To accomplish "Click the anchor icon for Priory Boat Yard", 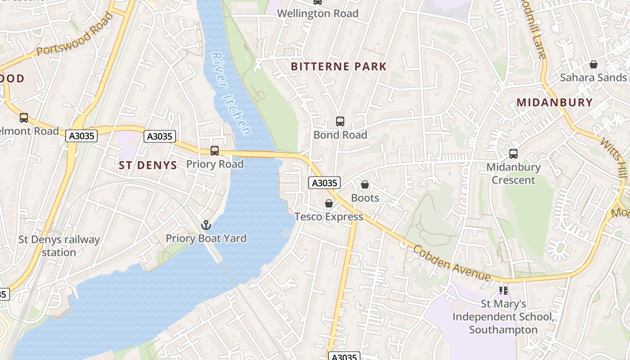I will (206, 225).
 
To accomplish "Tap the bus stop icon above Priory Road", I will (215, 151).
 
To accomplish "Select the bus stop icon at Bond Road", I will (340, 121).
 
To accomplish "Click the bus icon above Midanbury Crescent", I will (513, 154).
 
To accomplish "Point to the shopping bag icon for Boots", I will (365, 184).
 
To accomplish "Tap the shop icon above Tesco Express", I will (329, 203).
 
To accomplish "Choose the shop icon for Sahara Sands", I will (593, 64).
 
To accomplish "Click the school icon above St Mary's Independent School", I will (503, 291).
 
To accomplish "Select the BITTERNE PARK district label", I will (338, 67).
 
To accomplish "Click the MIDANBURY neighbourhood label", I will (554, 102).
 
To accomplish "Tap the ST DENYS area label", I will (148, 165).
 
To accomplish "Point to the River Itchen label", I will (231, 94).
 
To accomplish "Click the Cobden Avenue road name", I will (451, 263).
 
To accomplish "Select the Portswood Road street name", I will (74, 35).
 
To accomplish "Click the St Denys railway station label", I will (59, 246).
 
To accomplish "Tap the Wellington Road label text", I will (318, 13).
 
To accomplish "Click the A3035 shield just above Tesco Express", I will (324, 183).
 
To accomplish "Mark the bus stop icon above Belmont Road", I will (24, 118).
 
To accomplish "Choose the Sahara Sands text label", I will (593, 77).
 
